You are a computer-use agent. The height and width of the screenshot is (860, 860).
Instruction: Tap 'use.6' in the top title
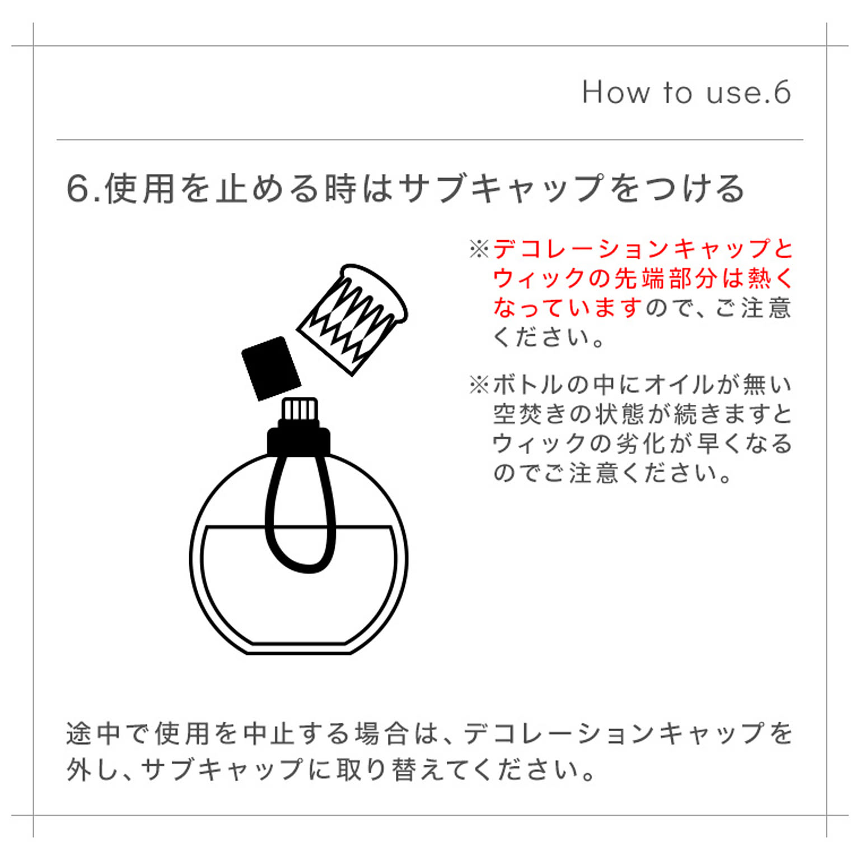[749, 92]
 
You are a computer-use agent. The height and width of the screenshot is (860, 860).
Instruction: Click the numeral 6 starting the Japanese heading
[78, 189]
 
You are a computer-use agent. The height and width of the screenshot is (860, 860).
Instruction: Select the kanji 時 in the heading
[341, 188]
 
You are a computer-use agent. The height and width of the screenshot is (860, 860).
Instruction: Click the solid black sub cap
[271, 368]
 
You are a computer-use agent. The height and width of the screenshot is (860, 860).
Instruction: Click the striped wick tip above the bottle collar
[300, 411]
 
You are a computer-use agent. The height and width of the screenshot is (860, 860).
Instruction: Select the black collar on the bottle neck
[298, 440]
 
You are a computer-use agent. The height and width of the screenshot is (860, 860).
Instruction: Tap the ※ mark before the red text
[479, 249]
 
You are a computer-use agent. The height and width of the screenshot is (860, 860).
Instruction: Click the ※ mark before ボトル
[479, 385]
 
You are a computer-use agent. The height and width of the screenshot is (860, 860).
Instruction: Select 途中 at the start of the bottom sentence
[93, 733]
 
